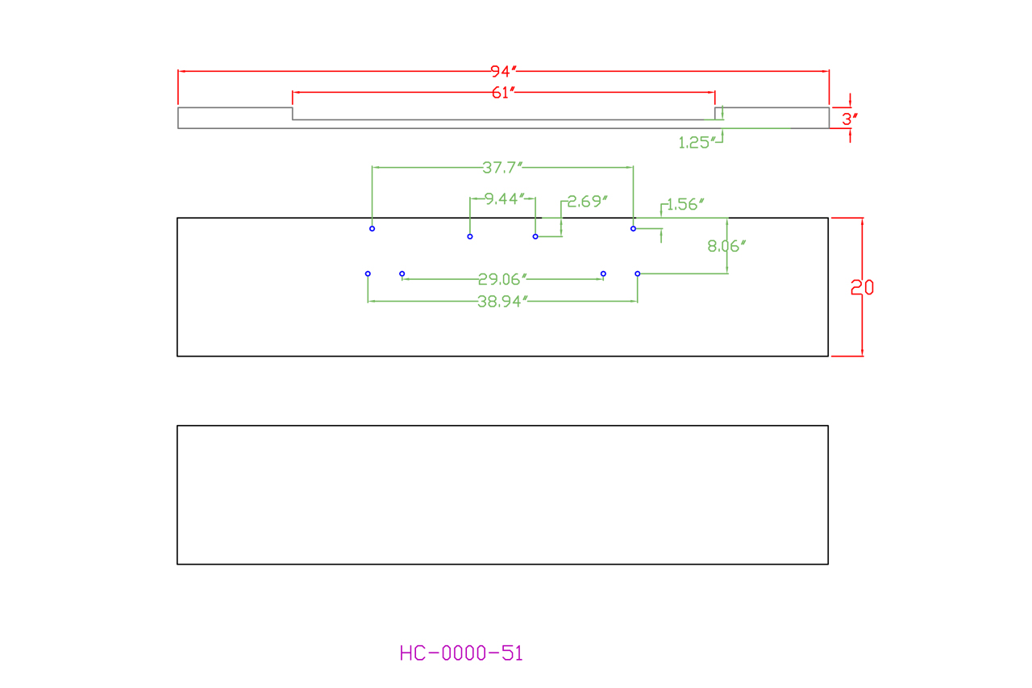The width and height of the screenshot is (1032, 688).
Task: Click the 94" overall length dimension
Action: click(503, 71)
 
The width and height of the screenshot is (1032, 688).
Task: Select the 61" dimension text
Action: click(503, 93)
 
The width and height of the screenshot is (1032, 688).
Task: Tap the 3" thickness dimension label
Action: click(850, 119)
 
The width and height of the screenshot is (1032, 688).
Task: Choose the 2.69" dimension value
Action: click(588, 202)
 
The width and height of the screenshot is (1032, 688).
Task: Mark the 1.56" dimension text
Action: click(685, 204)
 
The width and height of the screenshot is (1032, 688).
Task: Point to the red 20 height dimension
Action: click(862, 287)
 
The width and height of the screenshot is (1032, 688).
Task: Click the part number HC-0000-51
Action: click(461, 653)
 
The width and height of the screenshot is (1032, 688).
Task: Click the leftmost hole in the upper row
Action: click(372, 229)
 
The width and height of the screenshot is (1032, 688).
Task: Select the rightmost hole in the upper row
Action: click(633, 229)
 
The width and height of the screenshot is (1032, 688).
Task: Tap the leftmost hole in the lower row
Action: click(368, 274)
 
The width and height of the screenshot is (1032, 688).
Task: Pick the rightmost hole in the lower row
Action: click(638, 274)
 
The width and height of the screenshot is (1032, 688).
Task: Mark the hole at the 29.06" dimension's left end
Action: click(402, 274)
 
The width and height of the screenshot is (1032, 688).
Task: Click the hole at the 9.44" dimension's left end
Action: click(470, 236)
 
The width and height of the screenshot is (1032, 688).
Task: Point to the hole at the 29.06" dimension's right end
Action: click(603, 274)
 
